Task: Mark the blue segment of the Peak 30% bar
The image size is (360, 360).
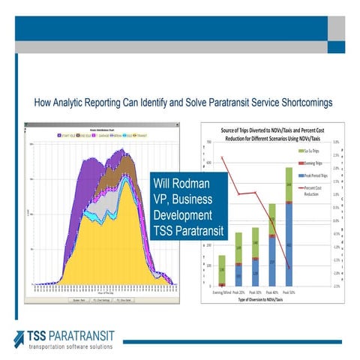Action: click(256, 273)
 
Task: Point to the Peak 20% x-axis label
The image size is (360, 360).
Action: click(239, 292)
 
